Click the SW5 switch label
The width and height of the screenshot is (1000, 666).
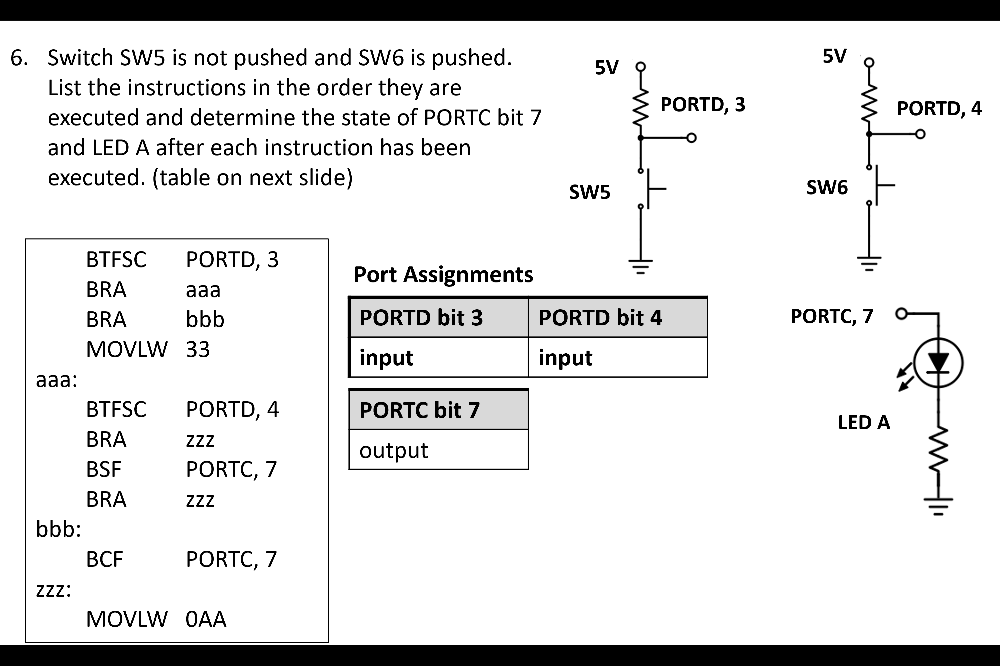pos(590,192)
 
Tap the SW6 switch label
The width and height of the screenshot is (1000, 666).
pos(827,187)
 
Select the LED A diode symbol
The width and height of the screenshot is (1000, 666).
pos(938,363)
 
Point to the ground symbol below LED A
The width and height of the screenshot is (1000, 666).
pos(938,506)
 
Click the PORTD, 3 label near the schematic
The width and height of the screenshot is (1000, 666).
pos(702,105)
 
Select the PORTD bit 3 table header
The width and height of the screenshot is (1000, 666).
pos(421,318)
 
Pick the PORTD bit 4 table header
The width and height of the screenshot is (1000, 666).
pos(600,318)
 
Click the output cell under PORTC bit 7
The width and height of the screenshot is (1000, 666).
pos(394,450)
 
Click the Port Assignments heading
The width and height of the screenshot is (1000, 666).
pos(443,274)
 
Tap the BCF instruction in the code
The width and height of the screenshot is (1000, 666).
pos(104,559)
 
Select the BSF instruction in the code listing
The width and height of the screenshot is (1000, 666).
pos(103,469)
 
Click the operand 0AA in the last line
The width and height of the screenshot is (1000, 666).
pos(206,619)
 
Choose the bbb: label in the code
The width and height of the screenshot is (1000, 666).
pos(58,529)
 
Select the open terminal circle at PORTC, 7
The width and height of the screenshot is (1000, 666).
pos(901,314)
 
